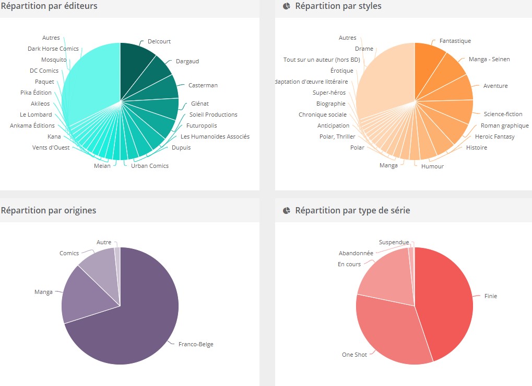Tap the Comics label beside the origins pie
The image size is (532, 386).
tap(69, 253)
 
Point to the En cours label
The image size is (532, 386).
tap(349, 264)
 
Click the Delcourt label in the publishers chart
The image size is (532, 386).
tap(159, 41)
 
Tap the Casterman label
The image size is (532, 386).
tap(203, 85)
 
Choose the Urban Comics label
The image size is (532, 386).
tap(150, 166)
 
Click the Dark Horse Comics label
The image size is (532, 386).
tap(53, 49)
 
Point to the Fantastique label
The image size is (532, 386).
tap(455, 41)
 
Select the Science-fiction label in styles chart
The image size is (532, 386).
tap(503, 114)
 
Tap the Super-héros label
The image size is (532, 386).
tap(329, 93)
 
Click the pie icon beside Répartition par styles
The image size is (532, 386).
tap(287, 6)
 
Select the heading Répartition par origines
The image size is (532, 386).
tap(49, 210)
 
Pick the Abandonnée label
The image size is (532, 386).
tap(356, 253)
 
